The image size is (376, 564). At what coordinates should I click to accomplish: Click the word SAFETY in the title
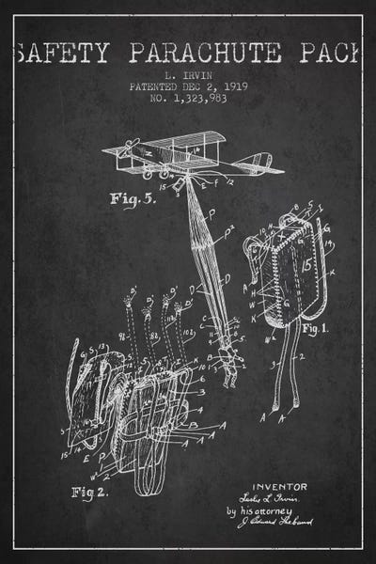click(x=64, y=53)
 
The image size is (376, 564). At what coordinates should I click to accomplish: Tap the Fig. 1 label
click(x=313, y=328)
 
